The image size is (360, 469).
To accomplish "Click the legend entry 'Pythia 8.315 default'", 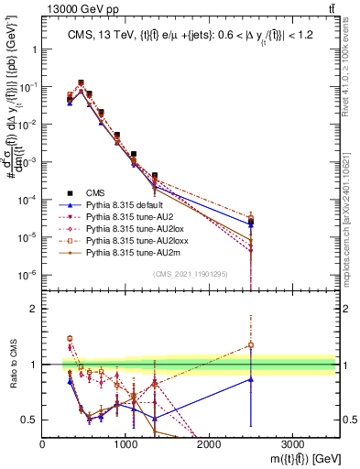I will pyautogui.click(x=125, y=207).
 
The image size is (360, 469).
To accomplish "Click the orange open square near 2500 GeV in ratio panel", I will pyautogui.click(x=251, y=345).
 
